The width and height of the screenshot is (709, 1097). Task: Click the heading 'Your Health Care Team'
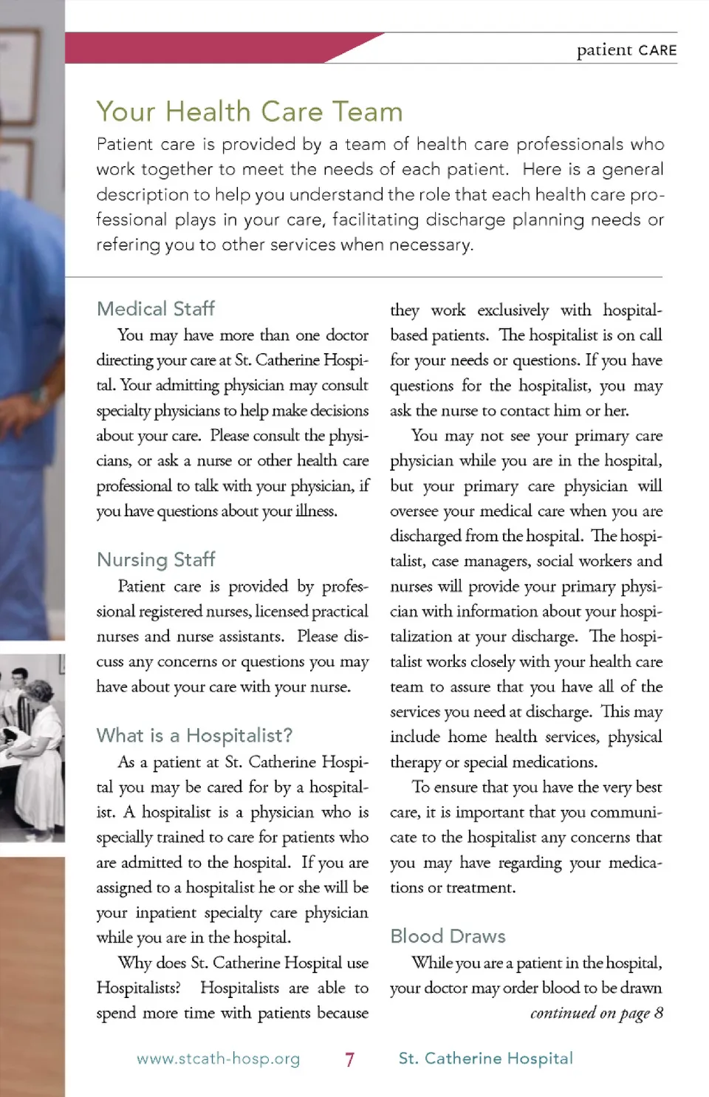click(250, 112)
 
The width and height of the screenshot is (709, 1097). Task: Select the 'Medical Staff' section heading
click(156, 309)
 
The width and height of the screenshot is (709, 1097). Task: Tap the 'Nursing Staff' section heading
click(156, 560)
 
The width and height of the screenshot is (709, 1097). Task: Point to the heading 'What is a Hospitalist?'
click(194, 736)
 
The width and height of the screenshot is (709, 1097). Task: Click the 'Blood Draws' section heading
click(448, 937)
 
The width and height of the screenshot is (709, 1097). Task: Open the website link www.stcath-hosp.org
click(218, 1059)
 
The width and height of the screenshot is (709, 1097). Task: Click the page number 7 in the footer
click(349, 1059)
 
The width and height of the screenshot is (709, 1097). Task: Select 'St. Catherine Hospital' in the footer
click(485, 1059)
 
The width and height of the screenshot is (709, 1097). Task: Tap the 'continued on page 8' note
click(596, 1013)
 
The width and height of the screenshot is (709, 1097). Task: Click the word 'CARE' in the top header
click(657, 50)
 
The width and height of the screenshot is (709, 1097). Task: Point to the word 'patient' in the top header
click(604, 50)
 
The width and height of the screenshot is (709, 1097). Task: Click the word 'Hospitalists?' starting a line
click(138, 988)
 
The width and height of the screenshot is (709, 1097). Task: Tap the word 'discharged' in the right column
click(425, 536)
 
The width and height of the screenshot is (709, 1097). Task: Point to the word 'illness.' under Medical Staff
click(316, 511)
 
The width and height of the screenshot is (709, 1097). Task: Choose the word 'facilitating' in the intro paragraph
click(375, 220)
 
